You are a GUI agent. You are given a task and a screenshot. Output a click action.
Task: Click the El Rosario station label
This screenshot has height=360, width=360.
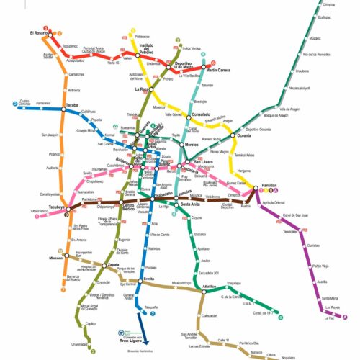pyautogui.click(x=39, y=33)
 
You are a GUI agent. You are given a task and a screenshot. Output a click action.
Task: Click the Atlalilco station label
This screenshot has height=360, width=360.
pyautogui.click(x=209, y=287)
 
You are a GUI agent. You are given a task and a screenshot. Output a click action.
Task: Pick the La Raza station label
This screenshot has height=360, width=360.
pyautogui.click(x=141, y=89)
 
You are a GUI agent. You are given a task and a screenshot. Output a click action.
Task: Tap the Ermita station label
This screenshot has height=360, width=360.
pyautogui.click(x=150, y=278)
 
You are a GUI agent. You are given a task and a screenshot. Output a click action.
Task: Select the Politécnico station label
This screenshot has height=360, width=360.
pyautogui.click(x=142, y=36)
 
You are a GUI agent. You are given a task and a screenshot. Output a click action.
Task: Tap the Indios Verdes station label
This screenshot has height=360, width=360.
pyautogui.click(x=192, y=48)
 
